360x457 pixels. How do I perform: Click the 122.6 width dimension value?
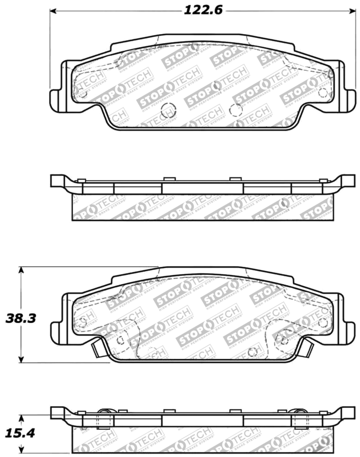point(203,10)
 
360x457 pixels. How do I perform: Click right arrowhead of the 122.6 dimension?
point(354,10)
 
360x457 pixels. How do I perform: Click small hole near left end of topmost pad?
point(82,92)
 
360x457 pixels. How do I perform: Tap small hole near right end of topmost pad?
point(322,92)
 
